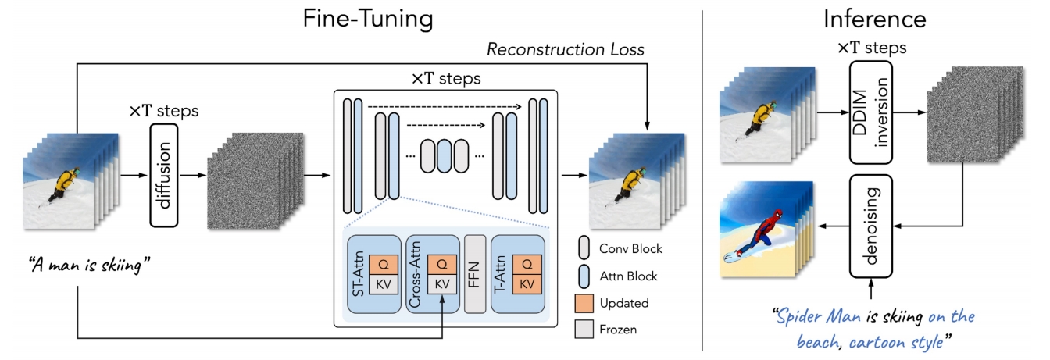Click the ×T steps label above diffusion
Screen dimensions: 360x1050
pos(163,111)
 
